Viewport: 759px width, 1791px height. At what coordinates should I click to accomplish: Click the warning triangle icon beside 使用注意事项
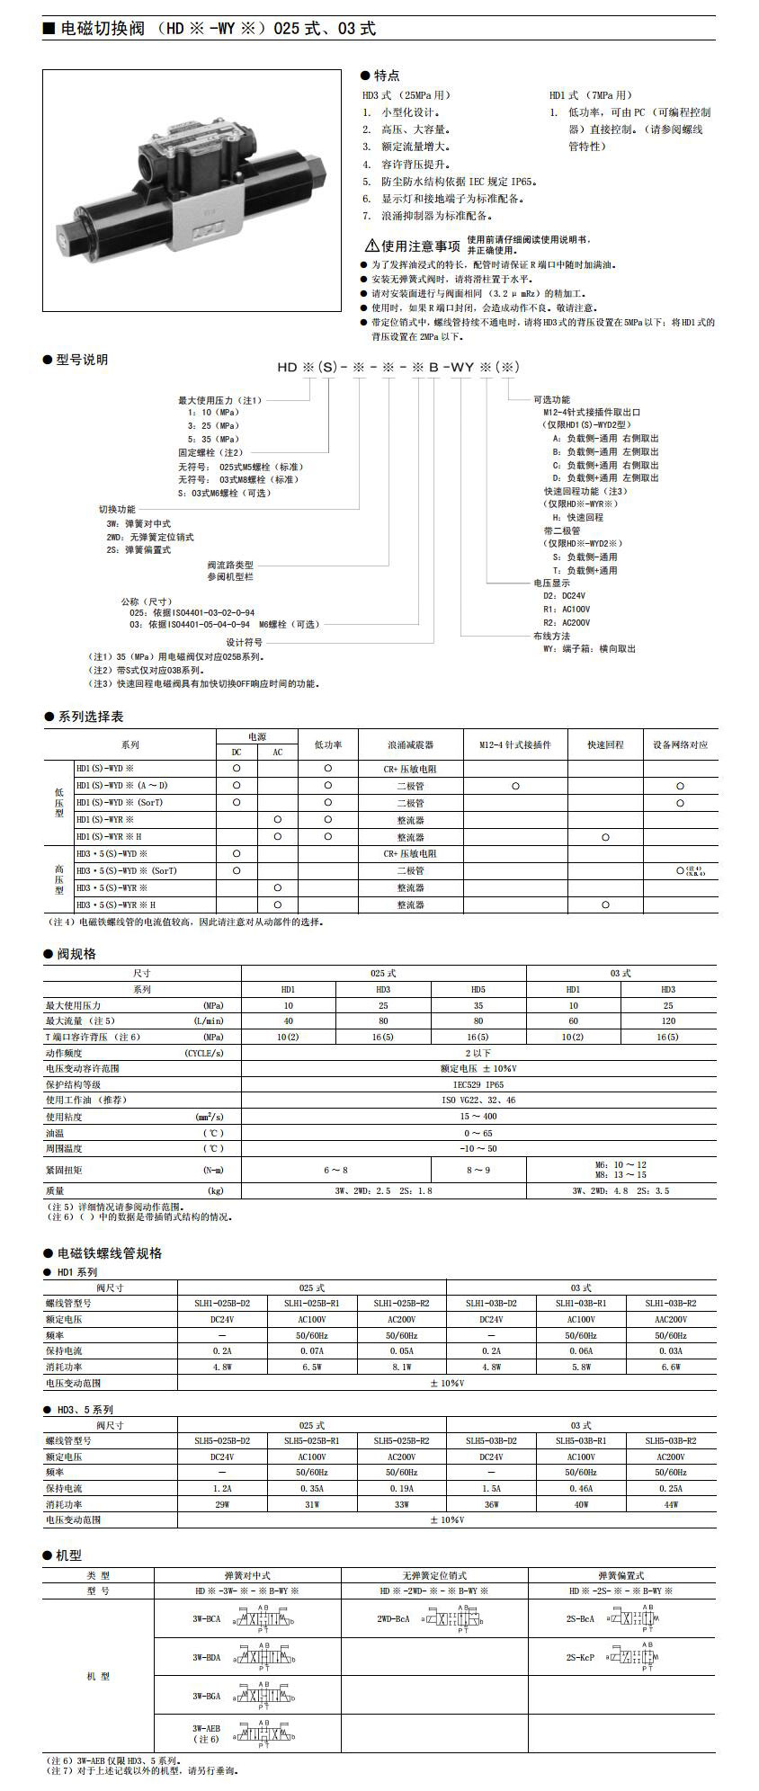coord(371,245)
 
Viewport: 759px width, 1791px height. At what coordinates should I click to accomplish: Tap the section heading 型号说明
coord(81,360)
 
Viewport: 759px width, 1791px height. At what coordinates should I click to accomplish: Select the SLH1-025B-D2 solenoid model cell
coord(222,1303)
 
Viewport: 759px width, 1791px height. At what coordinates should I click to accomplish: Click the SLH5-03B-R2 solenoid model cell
coord(671,1440)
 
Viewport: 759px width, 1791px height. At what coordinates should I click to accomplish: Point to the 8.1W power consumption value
coord(402,1367)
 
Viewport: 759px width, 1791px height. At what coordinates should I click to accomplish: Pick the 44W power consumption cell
coord(671,1504)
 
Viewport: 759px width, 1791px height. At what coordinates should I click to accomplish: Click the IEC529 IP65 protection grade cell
coord(478,1085)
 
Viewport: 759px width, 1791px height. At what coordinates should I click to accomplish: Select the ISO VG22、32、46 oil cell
coord(478,1100)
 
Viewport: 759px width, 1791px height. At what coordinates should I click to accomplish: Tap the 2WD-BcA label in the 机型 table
coord(393,1619)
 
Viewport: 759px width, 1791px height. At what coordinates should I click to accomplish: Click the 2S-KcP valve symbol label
coord(580,1657)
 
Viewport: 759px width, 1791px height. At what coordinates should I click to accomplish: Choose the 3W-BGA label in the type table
coord(206,1696)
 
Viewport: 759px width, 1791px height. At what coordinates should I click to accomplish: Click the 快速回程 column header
coord(605,745)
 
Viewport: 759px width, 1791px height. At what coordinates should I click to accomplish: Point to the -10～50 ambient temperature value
coord(478,1149)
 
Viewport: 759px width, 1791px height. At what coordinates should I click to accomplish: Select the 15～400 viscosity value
coord(478,1117)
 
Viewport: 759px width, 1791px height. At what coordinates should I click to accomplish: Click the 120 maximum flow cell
coord(667,1021)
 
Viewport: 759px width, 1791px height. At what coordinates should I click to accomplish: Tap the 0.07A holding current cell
coord(312,1351)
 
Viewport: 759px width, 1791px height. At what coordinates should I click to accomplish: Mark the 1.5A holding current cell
coord(491,1489)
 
